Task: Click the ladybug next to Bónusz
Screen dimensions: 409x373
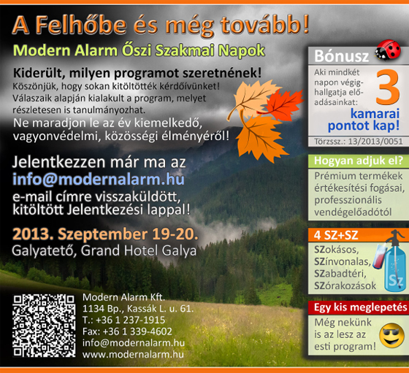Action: pos(388,50)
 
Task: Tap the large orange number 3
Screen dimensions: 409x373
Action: pos(388,87)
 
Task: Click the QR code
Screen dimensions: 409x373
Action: pos(44,326)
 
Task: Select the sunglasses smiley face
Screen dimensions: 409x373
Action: pos(391,336)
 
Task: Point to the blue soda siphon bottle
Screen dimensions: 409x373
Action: pos(394,264)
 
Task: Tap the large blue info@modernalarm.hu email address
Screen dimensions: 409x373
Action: pos(99,180)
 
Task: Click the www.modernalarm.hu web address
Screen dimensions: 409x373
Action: pos(133,355)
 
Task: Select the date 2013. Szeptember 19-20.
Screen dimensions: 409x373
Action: pos(105,234)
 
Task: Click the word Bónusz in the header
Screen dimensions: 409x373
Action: pos(341,56)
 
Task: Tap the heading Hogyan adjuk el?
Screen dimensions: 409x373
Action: pos(359,161)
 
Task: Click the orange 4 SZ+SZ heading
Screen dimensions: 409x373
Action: pos(336,235)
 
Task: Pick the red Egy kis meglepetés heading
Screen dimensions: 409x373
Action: pos(360,307)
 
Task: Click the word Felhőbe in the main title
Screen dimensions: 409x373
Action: pos(80,26)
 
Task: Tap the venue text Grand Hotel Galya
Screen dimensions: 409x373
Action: pos(139,251)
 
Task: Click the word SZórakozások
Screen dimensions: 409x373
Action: pos(345,286)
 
